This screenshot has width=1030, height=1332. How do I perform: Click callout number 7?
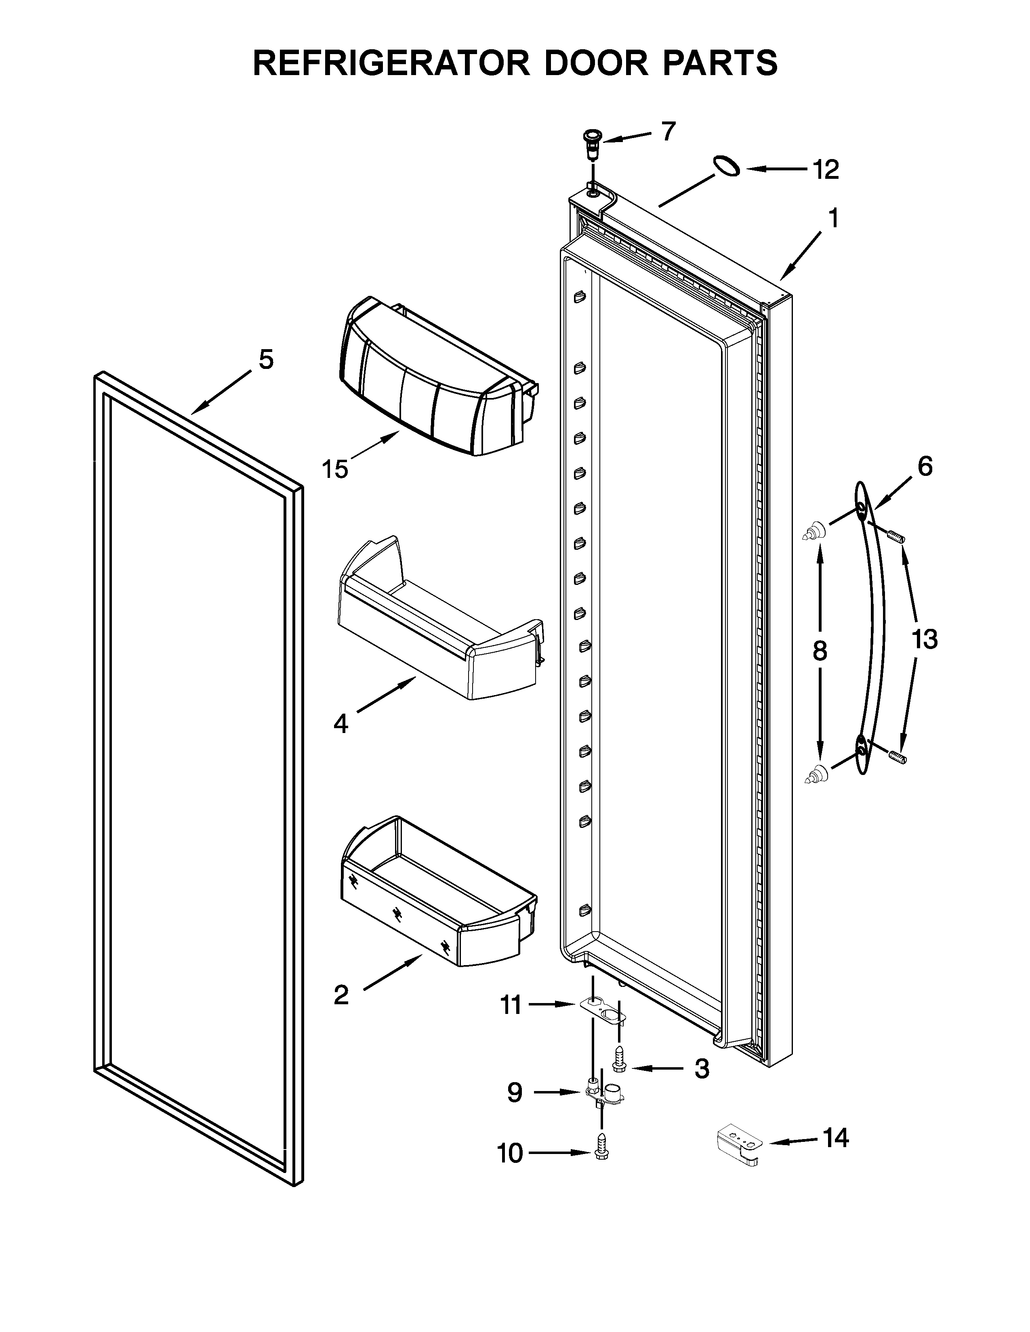pyautogui.click(x=669, y=131)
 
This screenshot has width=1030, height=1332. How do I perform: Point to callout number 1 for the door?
pyautogui.click(x=832, y=218)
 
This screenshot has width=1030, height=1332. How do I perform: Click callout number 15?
pyautogui.click(x=335, y=469)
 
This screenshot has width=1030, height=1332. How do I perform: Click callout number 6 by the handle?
pyautogui.click(x=925, y=467)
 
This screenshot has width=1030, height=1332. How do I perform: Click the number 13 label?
pyautogui.click(x=925, y=639)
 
